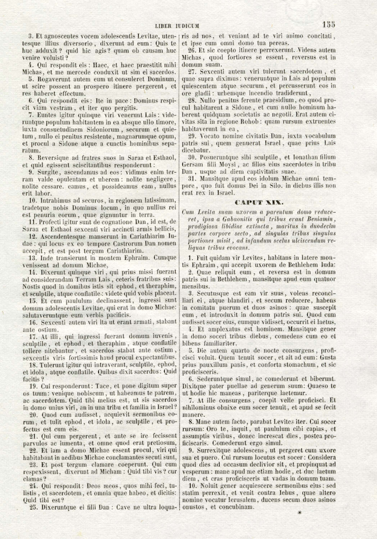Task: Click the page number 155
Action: pos(328,24)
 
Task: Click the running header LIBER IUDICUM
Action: pos(177,26)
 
